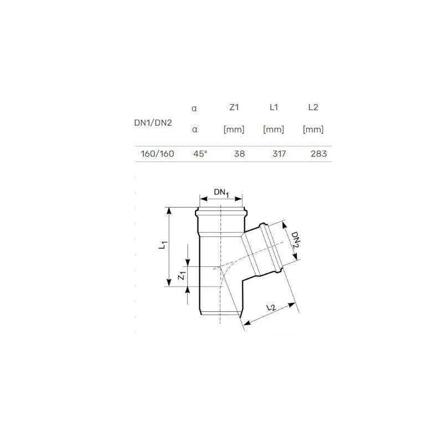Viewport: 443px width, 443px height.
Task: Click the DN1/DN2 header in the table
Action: [x=153, y=122]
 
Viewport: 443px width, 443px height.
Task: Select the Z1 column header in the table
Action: [x=234, y=109]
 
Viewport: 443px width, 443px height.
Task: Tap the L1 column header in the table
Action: [x=274, y=109]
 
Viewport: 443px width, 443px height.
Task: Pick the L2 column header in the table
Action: [x=313, y=109]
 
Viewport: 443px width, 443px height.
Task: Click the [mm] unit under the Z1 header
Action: [x=234, y=130]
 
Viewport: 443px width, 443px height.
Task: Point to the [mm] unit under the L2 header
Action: [x=313, y=130]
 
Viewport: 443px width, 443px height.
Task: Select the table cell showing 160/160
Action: [x=157, y=153]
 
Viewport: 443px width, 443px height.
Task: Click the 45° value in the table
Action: [x=200, y=153]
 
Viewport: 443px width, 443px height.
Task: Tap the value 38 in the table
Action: [x=239, y=153]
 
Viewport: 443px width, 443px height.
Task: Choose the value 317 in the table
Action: [x=279, y=153]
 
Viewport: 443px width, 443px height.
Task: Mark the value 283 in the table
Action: [x=318, y=153]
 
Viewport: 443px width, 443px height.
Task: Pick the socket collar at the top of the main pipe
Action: [x=221, y=213]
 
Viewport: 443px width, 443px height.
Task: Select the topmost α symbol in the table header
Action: [x=194, y=109]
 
